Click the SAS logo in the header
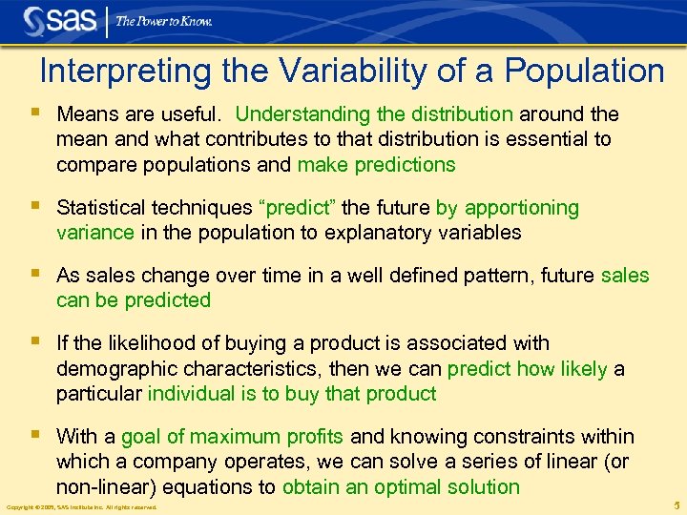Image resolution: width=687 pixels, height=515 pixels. (58, 20)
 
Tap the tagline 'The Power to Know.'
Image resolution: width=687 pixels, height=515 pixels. (163, 21)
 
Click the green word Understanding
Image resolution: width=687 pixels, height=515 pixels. (301, 114)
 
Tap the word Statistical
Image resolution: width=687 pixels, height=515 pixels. (101, 208)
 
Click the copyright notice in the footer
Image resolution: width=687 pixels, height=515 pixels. (81, 506)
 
